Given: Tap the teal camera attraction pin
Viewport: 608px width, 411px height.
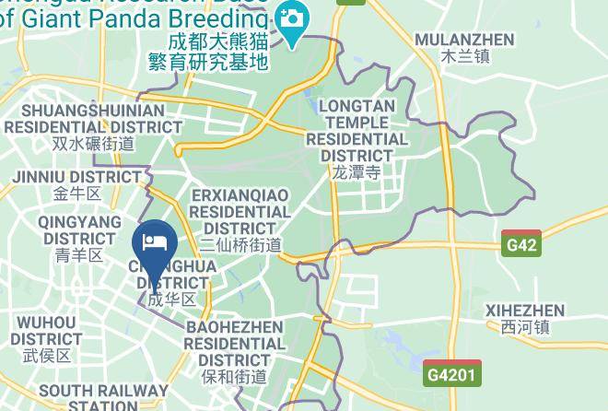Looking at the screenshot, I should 293,21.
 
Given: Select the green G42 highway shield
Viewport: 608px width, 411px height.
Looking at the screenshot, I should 520,245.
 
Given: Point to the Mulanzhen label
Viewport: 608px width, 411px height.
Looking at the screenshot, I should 464,40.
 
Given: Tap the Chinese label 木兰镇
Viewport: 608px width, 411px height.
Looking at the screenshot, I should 464,56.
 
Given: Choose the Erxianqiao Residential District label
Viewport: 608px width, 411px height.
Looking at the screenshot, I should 240,211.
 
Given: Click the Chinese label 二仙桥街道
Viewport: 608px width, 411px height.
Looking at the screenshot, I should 240,244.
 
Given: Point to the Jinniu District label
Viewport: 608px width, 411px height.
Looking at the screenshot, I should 76,177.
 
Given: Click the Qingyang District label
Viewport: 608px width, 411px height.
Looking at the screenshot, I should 79,230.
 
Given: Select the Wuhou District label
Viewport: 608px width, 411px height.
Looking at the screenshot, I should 47,331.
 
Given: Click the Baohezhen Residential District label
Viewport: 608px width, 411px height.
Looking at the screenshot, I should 235,343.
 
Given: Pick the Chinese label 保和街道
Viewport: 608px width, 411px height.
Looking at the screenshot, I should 235,377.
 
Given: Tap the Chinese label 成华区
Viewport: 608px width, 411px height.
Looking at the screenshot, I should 172,299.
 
